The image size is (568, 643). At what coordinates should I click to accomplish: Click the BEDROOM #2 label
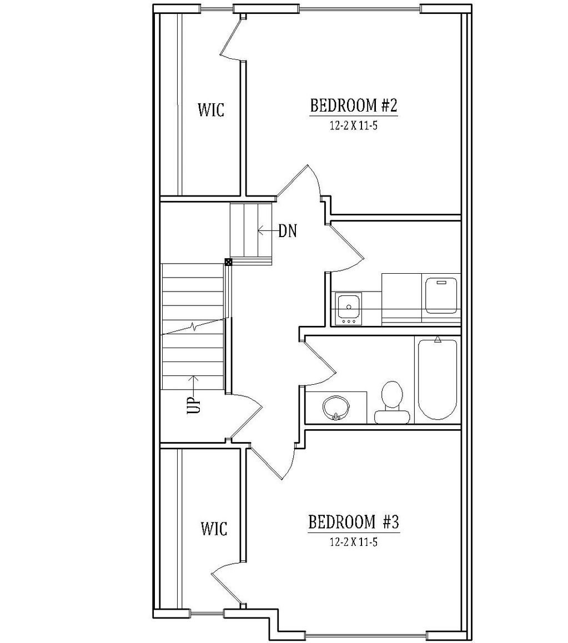point(354,106)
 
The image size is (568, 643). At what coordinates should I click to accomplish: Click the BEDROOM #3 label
point(354,522)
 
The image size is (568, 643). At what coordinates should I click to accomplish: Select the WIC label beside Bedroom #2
point(211,110)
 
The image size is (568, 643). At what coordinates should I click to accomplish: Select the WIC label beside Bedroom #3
point(214,528)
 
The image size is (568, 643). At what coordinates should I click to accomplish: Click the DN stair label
point(288,232)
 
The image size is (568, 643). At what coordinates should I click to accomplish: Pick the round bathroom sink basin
point(336,408)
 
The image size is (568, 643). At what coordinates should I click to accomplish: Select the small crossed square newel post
point(228,262)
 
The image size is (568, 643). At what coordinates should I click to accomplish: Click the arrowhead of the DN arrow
point(260,231)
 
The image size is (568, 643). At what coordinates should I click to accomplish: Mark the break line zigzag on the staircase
point(194,327)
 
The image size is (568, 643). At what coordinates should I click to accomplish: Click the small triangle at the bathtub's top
point(438,339)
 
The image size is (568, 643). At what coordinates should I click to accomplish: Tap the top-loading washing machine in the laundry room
point(441,295)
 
